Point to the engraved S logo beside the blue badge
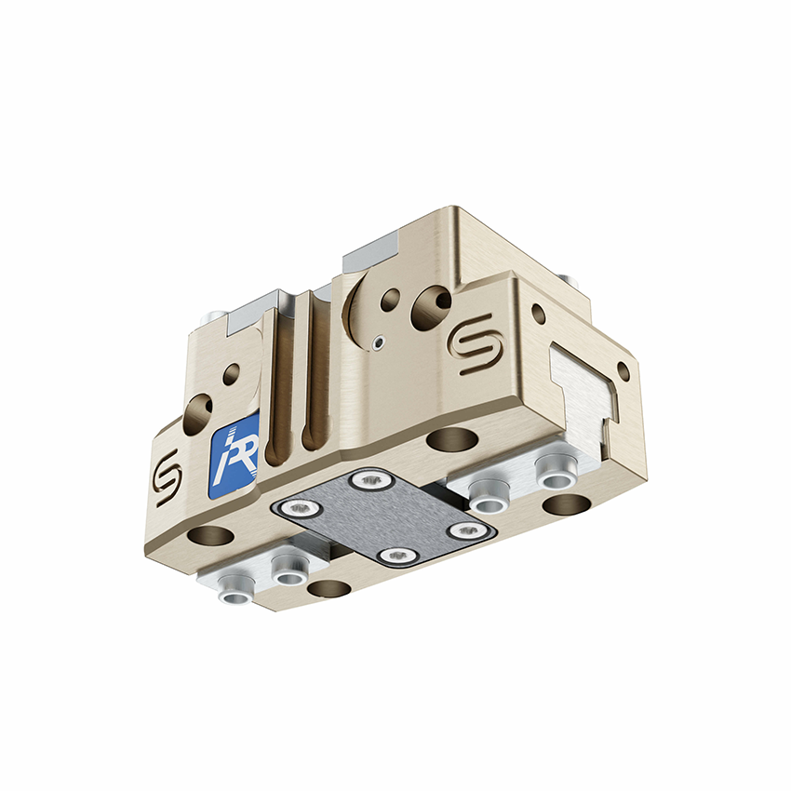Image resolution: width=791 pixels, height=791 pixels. point(167,476)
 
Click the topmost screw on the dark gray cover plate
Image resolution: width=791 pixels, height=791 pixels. point(371,480)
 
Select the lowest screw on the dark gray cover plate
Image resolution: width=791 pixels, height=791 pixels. point(397,556)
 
